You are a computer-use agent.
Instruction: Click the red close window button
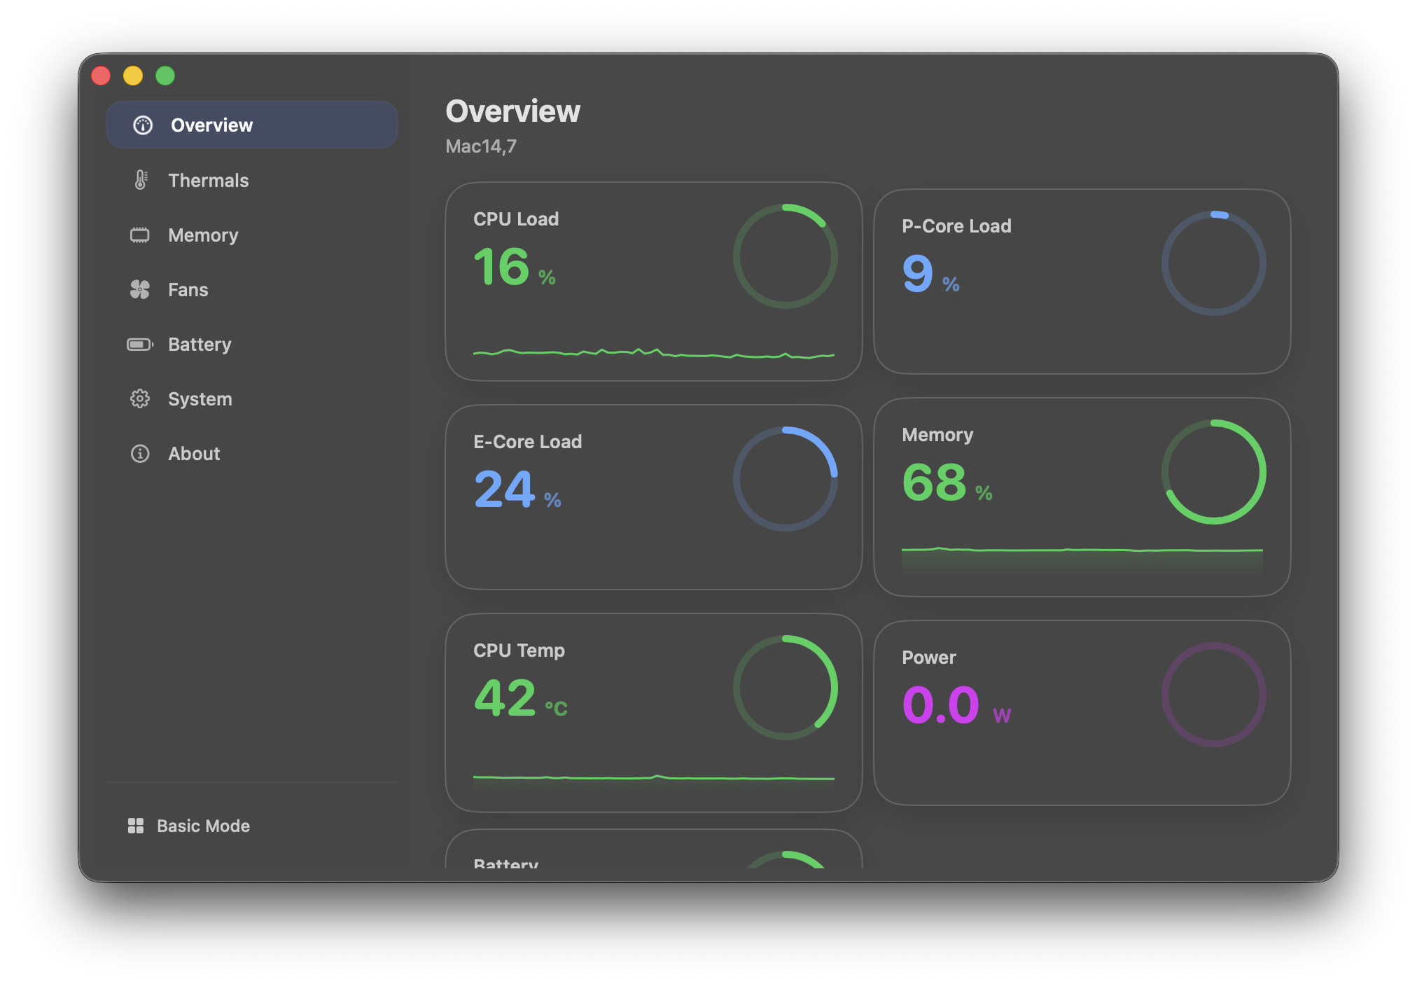[101, 76]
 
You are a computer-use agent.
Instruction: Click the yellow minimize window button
[133, 76]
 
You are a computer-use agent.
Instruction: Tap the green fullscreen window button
[165, 76]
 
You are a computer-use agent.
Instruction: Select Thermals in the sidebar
[208, 181]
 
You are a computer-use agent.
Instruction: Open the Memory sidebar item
[203, 235]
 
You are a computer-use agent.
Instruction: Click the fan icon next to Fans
[140, 290]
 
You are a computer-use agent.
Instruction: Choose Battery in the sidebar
[200, 345]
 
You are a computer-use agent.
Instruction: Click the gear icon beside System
[140, 399]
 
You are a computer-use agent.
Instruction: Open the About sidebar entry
[194, 454]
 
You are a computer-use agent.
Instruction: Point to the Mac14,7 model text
[481, 146]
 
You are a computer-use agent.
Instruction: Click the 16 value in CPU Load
[501, 267]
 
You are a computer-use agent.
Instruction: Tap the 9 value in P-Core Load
[918, 274]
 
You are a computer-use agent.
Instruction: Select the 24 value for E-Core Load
[504, 489]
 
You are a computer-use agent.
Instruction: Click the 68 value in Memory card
[934, 482]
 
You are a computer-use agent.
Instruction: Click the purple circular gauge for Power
[1213, 695]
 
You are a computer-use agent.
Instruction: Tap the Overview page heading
[513, 111]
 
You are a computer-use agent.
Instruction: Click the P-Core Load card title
[956, 226]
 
